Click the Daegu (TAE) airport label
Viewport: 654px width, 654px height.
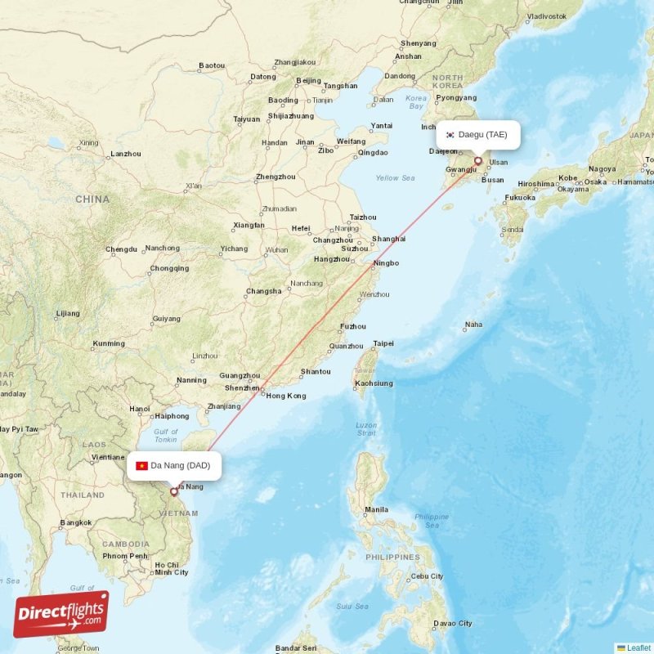click(482, 134)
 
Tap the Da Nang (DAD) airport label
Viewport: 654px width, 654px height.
click(180, 465)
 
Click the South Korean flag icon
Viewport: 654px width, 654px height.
click(450, 134)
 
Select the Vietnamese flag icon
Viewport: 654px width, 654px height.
click(142, 466)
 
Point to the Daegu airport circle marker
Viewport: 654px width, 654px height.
click(478, 161)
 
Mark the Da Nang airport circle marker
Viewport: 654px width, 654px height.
click(173, 491)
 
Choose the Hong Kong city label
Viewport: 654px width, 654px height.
click(285, 396)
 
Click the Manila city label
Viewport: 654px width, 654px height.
click(376, 509)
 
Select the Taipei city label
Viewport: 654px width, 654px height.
click(383, 343)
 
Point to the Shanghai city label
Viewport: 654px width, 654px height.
click(388, 239)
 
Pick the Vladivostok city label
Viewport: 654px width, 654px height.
click(547, 16)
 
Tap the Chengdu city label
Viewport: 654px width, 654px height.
click(121, 249)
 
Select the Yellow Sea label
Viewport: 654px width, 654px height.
click(396, 177)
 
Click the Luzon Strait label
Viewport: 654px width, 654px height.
click(366, 430)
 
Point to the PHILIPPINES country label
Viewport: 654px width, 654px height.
click(392, 557)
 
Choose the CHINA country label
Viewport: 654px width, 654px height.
click(92, 199)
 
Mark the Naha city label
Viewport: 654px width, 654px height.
click(473, 325)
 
